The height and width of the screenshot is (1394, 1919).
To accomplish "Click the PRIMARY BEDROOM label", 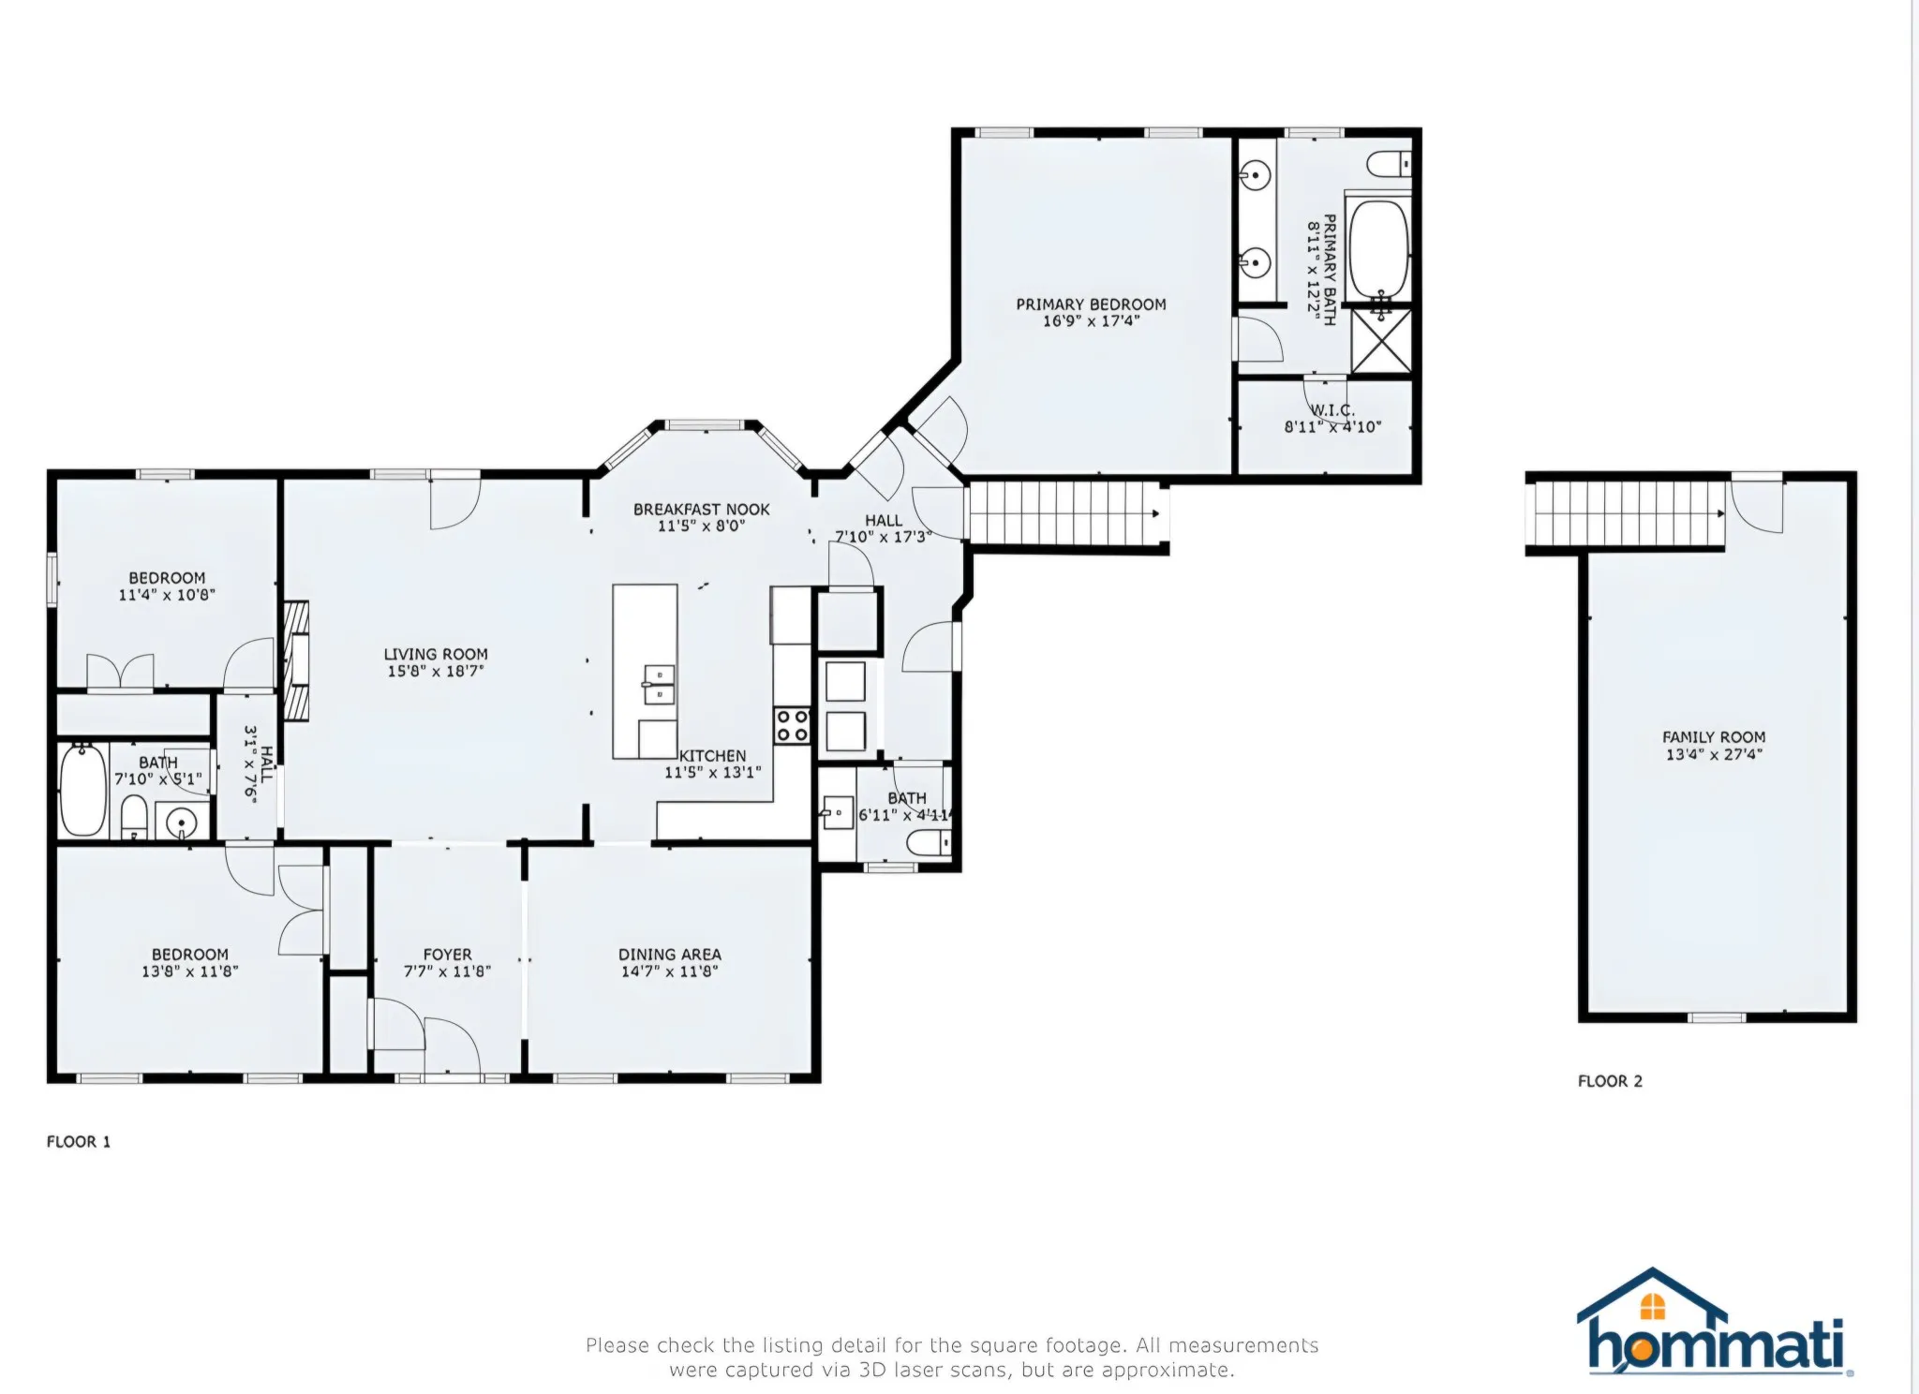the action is click(x=1091, y=304).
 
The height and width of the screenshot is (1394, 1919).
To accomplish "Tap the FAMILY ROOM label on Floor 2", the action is click(x=1714, y=737).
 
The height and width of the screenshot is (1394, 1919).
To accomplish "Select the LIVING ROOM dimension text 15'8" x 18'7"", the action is click(x=436, y=671).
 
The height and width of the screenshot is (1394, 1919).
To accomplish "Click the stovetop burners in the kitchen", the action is click(x=792, y=725).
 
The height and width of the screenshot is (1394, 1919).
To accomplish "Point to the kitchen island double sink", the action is click(x=659, y=685).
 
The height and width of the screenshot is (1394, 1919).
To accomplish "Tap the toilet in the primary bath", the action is click(x=1390, y=165).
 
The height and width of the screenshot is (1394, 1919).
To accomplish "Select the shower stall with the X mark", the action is click(x=1381, y=341).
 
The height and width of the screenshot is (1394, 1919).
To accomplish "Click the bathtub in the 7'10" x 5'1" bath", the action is click(x=83, y=791).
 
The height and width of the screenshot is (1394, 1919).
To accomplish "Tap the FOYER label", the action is click(x=447, y=955).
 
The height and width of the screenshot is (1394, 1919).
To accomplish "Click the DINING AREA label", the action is click(x=670, y=955).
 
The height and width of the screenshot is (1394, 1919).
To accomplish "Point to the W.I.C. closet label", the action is click(x=1332, y=410).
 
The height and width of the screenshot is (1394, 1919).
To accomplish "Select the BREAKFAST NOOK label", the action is click(x=702, y=510).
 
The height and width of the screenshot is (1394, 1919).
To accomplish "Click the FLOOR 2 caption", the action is click(x=1610, y=1081).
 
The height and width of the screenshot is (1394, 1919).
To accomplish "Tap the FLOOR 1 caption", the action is click(x=79, y=1141).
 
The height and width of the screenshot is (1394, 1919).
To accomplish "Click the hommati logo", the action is click(x=1715, y=1322).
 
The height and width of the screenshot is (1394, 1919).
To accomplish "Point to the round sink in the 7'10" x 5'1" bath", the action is click(x=181, y=823).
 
